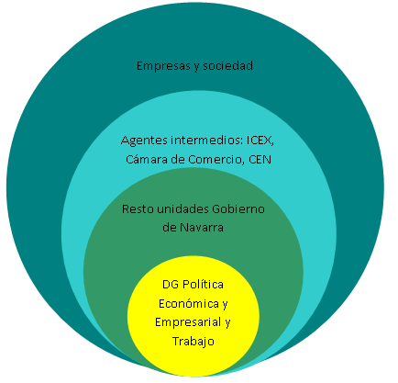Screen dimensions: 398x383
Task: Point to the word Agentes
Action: click(x=144, y=141)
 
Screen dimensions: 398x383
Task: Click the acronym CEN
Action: click(x=260, y=160)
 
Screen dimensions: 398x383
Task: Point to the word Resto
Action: click(x=138, y=209)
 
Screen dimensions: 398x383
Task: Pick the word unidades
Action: click(x=182, y=208)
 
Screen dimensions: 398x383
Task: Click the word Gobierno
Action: click(x=238, y=208)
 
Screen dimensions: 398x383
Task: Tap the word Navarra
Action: click(x=202, y=228)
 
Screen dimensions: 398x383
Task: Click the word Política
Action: click(x=203, y=284)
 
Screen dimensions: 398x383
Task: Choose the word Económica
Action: click(x=189, y=303)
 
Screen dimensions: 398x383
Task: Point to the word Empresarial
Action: click(x=188, y=322)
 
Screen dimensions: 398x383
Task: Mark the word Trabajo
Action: click(x=193, y=342)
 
